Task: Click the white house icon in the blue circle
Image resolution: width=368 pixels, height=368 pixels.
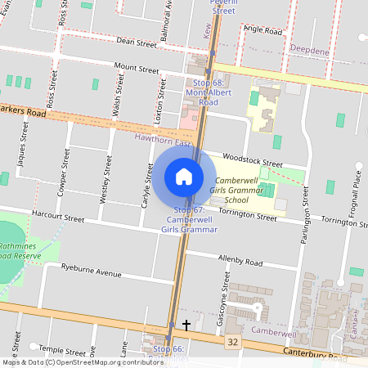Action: pyautogui.click(x=184, y=177)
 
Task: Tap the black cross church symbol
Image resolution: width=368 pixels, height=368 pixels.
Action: pyautogui.click(x=186, y=325)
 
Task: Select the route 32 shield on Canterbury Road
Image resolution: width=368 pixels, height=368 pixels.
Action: pyautogui.click(x=234, y=340)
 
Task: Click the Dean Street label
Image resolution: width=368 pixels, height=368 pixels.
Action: pyautogui.click(x=136, y=42)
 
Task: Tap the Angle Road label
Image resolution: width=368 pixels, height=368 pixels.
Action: pyautogui.click(x=263, y=31)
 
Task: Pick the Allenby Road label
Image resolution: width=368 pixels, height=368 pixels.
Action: pyautogui.click(x=240, y=262)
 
